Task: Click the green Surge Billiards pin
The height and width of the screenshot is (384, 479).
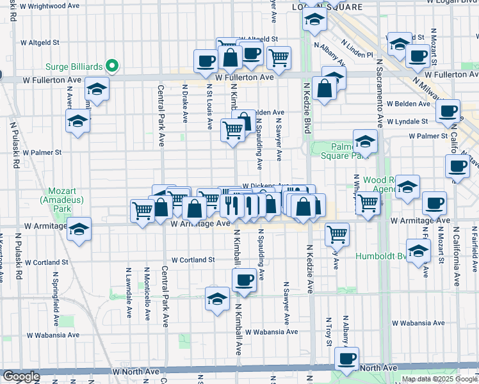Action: click(111, 65)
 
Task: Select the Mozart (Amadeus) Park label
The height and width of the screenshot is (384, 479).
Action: click(63, 200)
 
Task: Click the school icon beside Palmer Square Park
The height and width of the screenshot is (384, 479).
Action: click(365, 141)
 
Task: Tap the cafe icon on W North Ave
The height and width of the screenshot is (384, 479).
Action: click(346, 358)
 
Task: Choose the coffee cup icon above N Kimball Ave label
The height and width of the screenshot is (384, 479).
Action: click(244, 280)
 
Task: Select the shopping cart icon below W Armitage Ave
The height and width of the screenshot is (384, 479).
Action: click(337, 234)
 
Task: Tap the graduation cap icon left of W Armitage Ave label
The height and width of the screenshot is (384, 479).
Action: click(79, 228)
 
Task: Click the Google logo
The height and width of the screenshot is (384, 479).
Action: click(20, 377)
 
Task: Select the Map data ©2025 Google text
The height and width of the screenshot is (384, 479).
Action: click(439, 379)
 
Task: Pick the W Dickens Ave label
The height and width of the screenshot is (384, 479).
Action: click(263, 186)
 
